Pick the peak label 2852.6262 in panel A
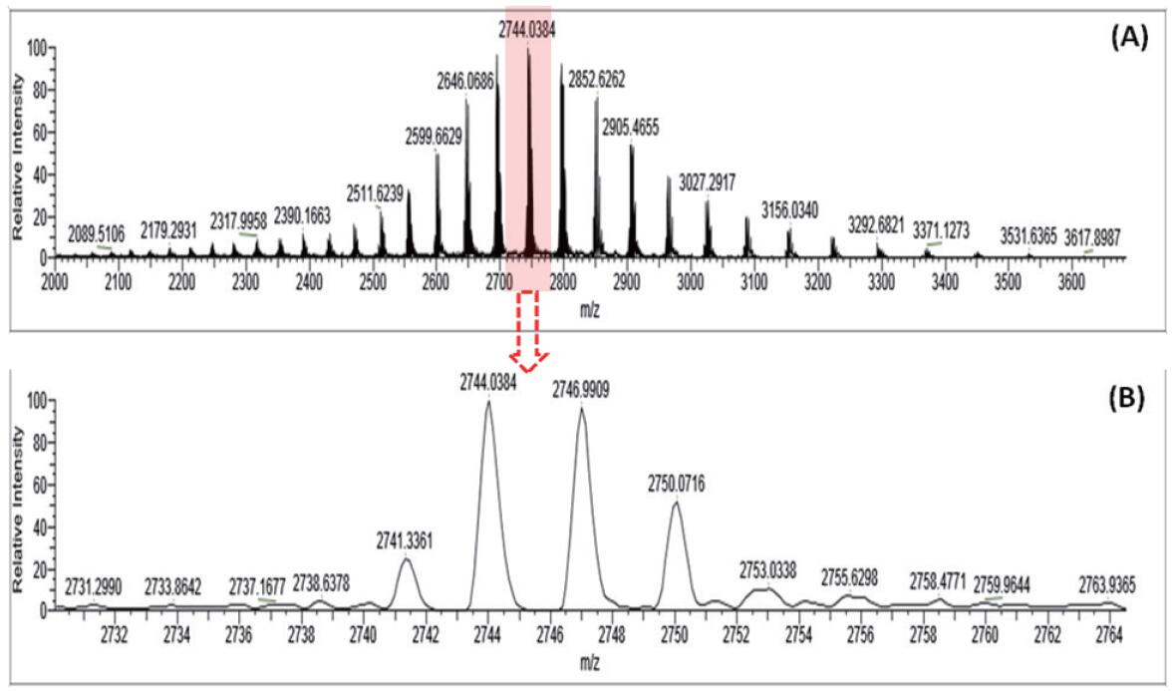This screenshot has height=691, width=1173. [597, 79]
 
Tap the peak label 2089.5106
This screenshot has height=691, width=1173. [97, 233]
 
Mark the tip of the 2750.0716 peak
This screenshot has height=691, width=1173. [678, 502]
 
